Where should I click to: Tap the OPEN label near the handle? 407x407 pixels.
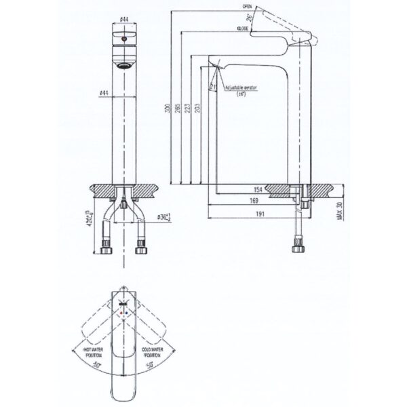[246, 5]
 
